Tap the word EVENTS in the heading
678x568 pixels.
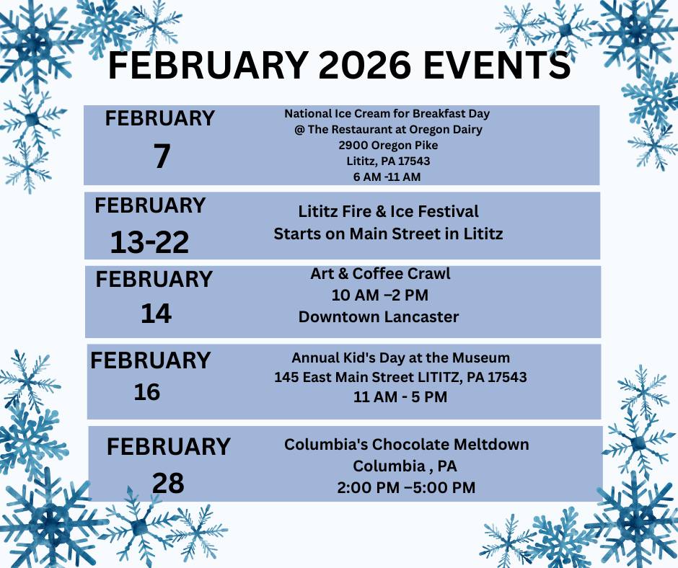click(x=497, y=66)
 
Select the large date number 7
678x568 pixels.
click(x=162, y=156)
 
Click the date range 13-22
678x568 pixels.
click(x=149, y=242)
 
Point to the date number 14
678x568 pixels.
click(x=156, y=314)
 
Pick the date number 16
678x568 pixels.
click(x=147, y=392)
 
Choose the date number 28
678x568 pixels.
click(x=168, y=483)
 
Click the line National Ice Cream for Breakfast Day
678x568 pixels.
click(x=387, y=114)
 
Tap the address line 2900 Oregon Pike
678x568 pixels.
click(x=388, y=145)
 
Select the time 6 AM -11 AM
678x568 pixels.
click(x=387, y=177)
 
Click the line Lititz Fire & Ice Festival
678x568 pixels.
click(x=388, y=211)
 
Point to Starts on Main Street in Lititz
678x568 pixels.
click(x=388, y=234)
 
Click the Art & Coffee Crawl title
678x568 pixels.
click(x=380, y=274)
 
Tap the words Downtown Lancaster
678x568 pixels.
click(x=379, y=317)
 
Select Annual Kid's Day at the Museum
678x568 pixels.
click(x=400, y=358)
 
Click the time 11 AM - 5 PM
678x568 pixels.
click(x=400, y=397)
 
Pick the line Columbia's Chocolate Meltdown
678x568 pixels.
click(x=407, y=444)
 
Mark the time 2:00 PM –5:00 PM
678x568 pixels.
click(x=407, y=487)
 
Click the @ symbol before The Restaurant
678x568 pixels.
click(x=299, y=130)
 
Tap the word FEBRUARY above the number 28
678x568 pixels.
click(x=168, y=446)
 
